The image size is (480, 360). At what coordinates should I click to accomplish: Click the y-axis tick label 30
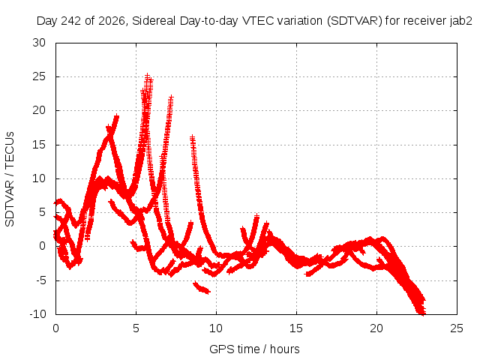click(x=39, y=43)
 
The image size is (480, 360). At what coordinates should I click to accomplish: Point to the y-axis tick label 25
click(x=39, y=76)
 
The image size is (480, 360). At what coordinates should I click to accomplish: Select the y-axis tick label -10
click(x=38, y=314)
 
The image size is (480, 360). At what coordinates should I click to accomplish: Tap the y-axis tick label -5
click(x=40, y=280)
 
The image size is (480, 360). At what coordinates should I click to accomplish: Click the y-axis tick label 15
click(x=39, y=145)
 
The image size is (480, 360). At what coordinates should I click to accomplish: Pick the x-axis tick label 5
click(x=136, y=328)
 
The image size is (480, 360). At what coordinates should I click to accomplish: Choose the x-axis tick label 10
click(x=216, y=328)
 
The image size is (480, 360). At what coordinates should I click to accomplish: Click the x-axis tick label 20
click(x=376, y=328)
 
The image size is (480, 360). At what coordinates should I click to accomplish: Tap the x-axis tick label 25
click(x=457, y=328)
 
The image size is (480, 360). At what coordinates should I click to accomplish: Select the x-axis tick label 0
click(x=55, y=328)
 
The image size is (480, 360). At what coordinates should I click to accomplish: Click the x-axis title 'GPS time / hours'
click(x=254, y=349)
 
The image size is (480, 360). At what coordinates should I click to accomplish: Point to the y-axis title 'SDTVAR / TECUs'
click(x=10, y=179)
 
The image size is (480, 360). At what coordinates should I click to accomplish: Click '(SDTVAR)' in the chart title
click(x=355, y=22)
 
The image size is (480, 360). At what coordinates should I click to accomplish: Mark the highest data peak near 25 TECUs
click(x=148, y=75)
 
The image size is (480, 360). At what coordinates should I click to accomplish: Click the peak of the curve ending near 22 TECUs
click(x=171, y=97)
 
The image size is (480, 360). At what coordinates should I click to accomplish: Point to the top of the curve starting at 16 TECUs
click(x=192, y=137)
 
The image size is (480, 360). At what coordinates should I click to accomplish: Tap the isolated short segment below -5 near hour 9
click(x=202, y=288)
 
